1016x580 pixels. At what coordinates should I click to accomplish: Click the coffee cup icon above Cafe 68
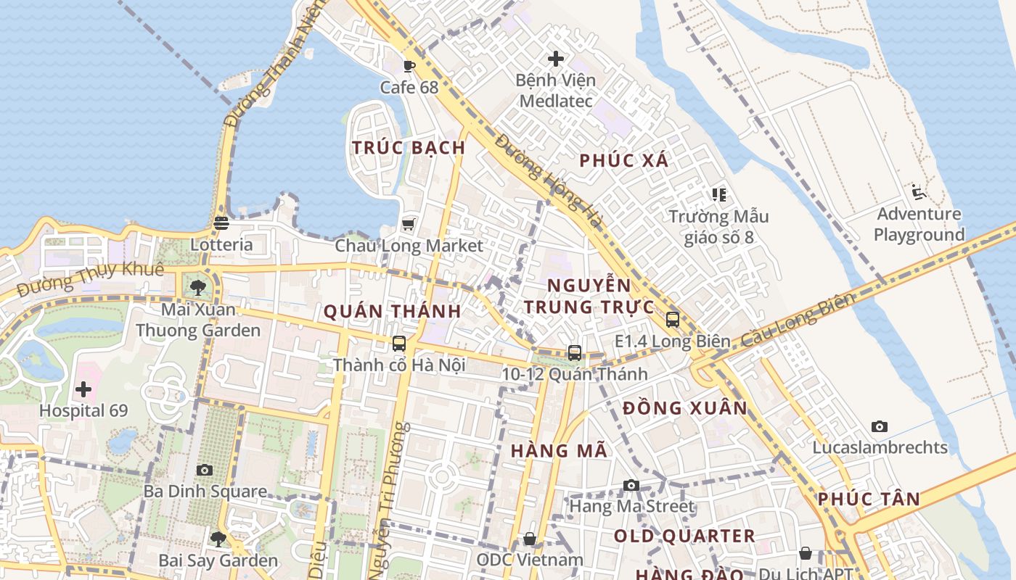409,67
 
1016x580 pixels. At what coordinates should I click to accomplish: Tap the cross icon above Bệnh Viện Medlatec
556,59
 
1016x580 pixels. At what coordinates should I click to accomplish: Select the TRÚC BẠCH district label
409,147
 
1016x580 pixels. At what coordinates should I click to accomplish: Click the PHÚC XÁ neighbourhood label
623,160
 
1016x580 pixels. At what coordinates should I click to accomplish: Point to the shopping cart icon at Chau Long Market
409,224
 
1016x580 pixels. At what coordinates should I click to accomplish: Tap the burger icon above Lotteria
221,223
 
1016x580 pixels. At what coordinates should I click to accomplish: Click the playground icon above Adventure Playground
919,192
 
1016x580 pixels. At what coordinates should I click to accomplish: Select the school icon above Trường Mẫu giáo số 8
718,194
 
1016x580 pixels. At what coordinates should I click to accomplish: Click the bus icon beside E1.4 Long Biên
673,320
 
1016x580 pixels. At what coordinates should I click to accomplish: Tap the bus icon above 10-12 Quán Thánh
575,353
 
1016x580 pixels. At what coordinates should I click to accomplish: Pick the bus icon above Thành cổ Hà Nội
399,344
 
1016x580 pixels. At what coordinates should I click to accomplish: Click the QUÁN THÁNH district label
392,312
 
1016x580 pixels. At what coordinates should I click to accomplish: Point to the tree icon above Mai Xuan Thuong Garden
198,288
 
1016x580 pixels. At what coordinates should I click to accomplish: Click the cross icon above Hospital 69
83,389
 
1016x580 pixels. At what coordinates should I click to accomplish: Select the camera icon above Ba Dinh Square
205,470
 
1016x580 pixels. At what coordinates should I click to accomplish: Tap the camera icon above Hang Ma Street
631,485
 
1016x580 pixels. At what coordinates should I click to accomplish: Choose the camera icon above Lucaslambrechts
880,426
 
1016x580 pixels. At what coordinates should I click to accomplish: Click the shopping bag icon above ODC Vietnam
530,539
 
